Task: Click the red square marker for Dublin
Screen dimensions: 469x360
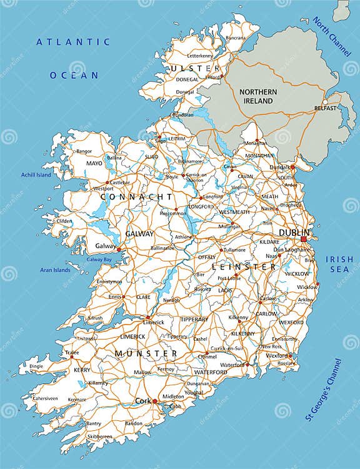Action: (304, 239)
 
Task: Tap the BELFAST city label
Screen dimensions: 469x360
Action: (326, 108)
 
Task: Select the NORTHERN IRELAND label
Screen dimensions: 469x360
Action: (257, 96)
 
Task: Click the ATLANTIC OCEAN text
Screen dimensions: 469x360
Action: (74, 59)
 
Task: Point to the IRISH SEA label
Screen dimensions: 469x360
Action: (342, 264)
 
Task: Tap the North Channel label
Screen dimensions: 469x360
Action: (332, 38)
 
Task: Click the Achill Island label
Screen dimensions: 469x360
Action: (36, 175)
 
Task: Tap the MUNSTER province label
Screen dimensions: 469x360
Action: (146, 354)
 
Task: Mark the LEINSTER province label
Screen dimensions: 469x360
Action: (244, 267)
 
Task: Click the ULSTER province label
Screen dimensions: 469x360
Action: (195, 68)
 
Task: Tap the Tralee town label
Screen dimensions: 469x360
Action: (72, 353)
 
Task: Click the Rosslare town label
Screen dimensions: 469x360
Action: (287, 363)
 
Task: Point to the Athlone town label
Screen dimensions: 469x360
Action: (183, 237)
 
